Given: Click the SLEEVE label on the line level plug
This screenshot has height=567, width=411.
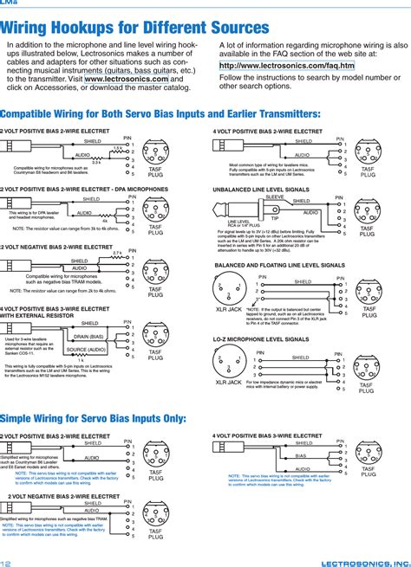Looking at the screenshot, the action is point(273,197).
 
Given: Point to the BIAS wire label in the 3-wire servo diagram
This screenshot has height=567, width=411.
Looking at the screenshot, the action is point(301,455).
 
